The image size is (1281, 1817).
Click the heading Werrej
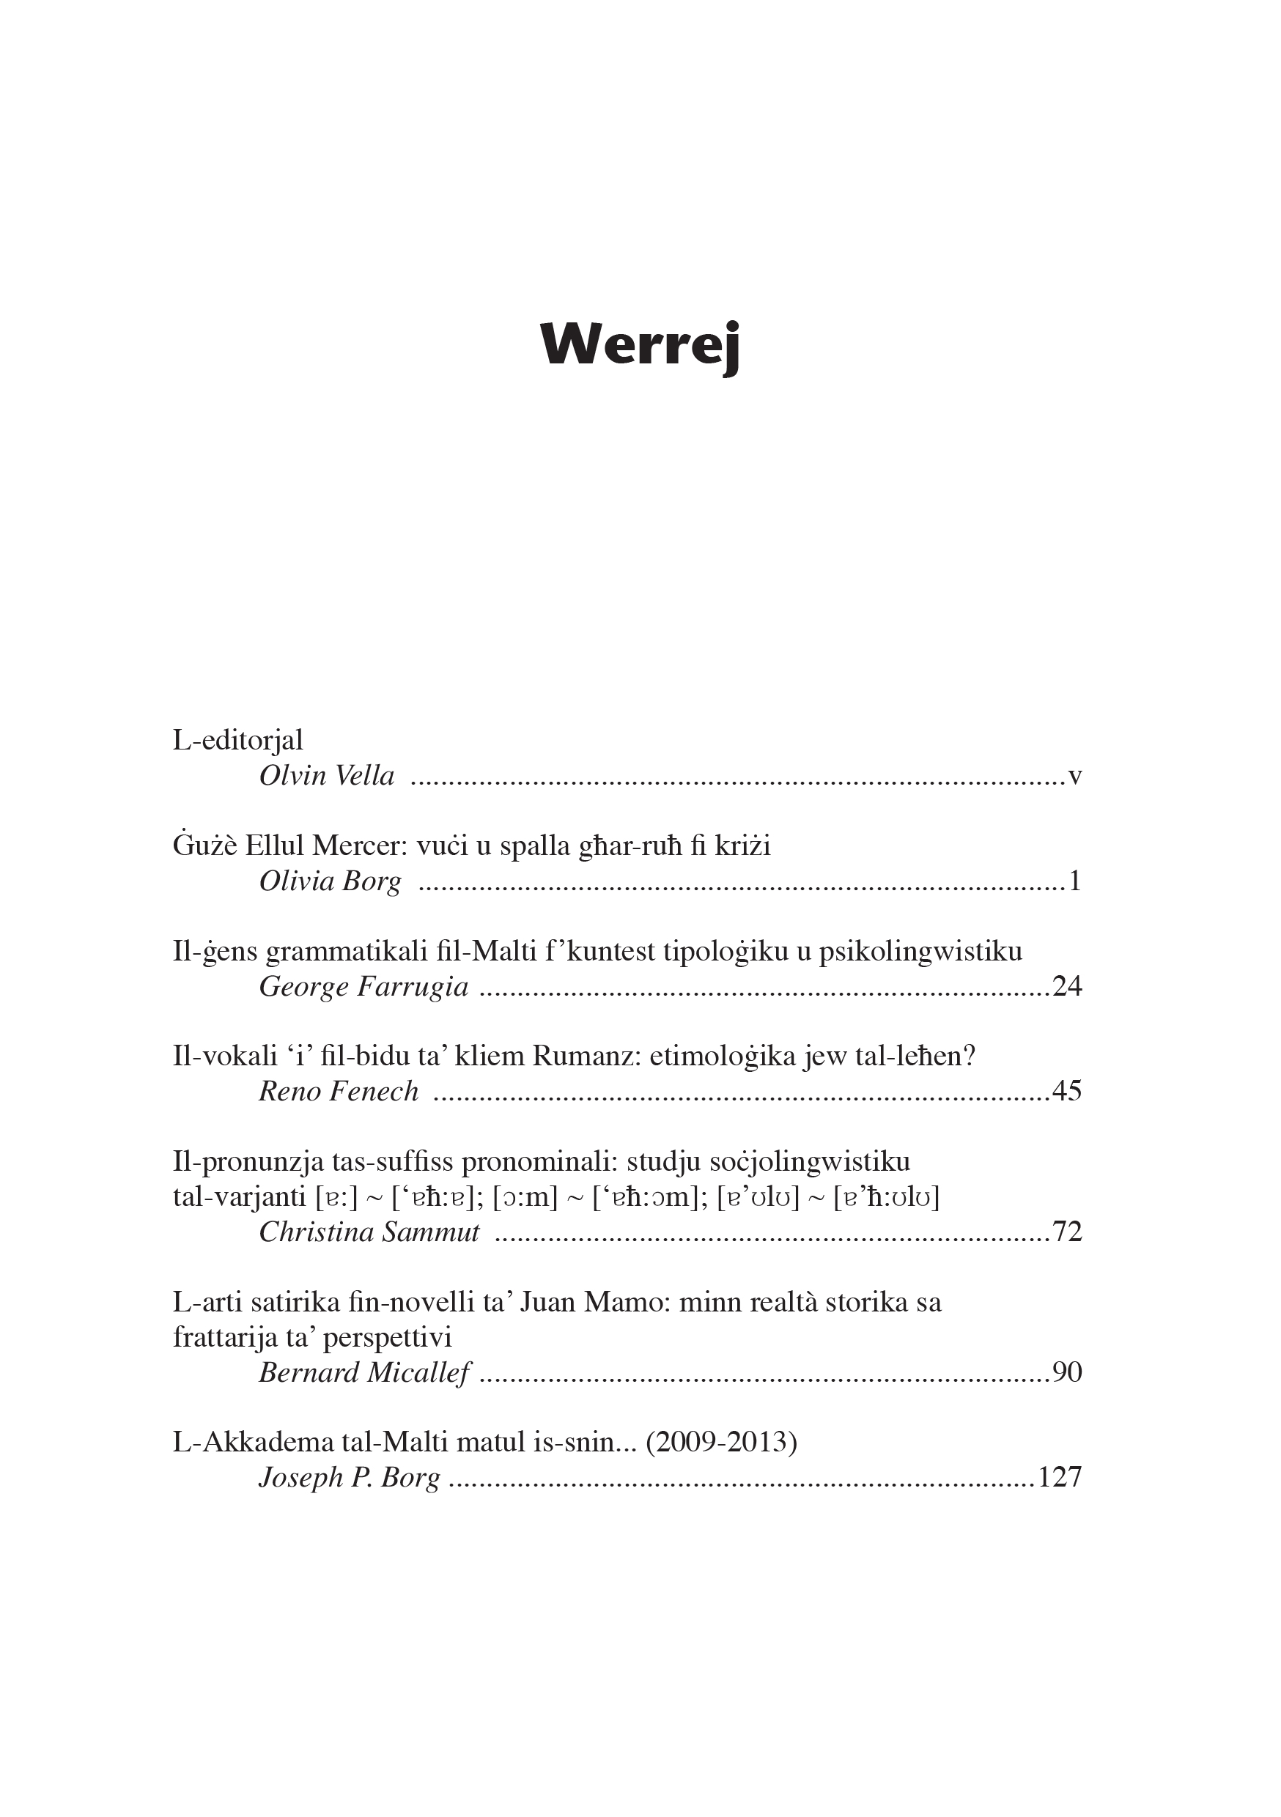point(640,346)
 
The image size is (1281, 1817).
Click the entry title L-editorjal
point(237,740)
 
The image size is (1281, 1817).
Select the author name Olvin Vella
point(326,776)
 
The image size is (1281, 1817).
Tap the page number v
point(1074,777)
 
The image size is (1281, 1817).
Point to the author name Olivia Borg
point(331,881)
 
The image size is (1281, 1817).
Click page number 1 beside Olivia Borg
point(1074,881)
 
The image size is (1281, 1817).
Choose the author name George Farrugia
point(363,987)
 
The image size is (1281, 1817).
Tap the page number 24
point(1066,987)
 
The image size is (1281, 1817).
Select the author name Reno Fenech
point(338,1092)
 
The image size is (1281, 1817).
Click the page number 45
point(1066,1092)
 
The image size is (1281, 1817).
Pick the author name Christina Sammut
point(369,1232)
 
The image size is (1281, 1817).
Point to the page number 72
point(1066,1232)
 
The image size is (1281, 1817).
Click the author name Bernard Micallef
point(364,1372)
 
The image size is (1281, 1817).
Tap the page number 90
point(1066,1372)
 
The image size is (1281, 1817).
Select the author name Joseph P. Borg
point(349,1478)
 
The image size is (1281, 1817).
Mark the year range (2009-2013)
point(721,1442)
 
